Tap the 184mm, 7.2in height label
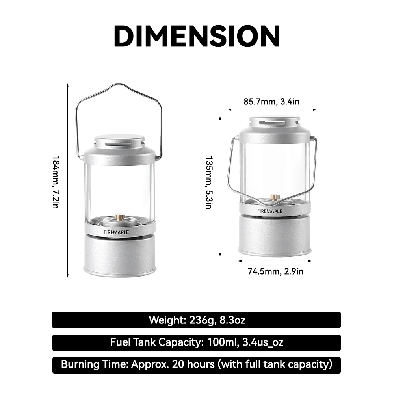pos(56,181)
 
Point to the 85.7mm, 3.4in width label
pos(271,102)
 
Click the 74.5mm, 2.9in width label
pos(275,271)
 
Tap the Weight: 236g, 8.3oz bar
pos(197,320)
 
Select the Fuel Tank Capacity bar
pos(197,342)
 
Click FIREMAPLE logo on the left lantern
pos(116,232)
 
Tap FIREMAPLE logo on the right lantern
pos(270,211)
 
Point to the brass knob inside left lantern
pos(119,217)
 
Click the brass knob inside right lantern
pos(275,197)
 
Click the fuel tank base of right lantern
pos(275,236)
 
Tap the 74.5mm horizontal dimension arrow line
pos(275,261)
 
